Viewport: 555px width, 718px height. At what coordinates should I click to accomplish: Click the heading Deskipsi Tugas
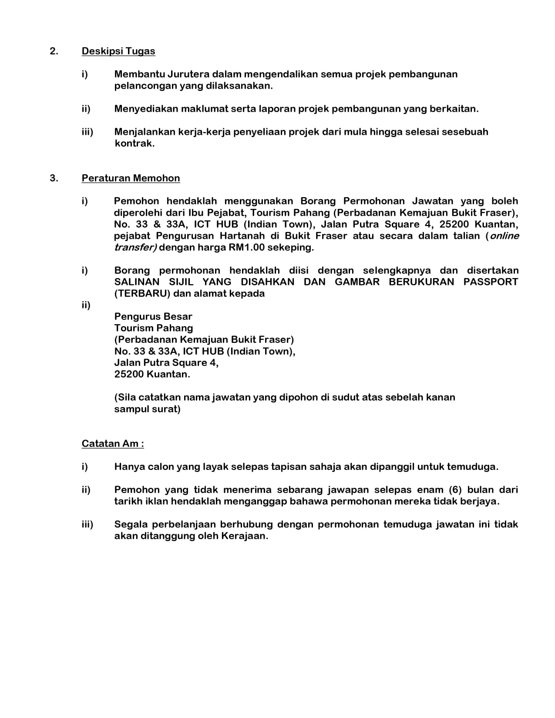coord(118,51)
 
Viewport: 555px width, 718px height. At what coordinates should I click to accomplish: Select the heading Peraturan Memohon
coord(131,178)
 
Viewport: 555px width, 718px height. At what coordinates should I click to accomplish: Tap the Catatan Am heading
coord(113,444)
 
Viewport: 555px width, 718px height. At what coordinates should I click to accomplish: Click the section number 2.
coord(54,51)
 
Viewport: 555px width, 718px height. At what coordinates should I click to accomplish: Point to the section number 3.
coord(54,178)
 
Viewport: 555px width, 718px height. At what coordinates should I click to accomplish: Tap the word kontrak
coord(135,144)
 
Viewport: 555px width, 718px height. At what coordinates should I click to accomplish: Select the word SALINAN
coord(137,282)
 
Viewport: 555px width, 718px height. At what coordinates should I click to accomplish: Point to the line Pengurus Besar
coord(153,317)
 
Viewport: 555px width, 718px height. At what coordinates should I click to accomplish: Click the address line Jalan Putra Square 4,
coord(166,363)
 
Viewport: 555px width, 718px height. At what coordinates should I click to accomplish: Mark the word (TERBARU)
coord(142,294)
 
